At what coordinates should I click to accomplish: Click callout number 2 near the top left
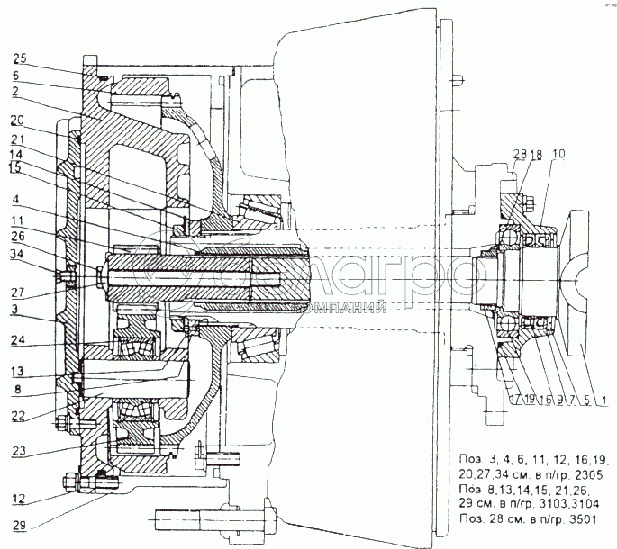coord(17,91)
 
